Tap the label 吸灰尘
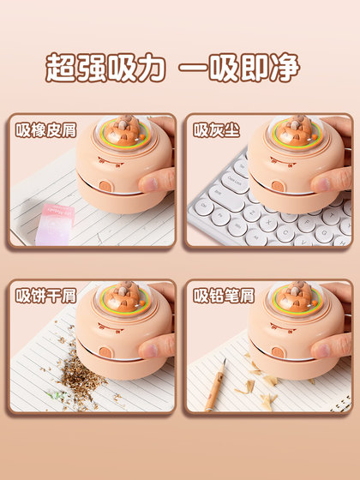point(213,131)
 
